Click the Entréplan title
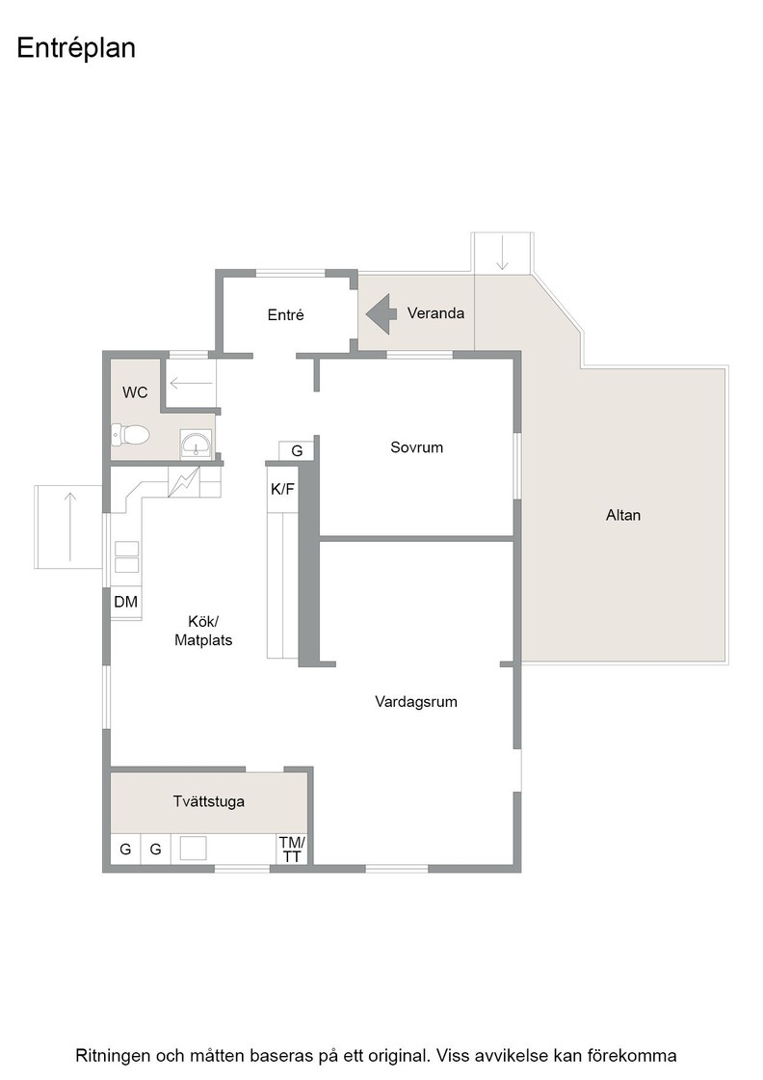tap(76, 48)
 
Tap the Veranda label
tap(435, 313)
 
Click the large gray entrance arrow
tap(381, 314)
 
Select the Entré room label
tap(285, 314)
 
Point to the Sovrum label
tap(416, 447)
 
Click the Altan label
tap(623, 515)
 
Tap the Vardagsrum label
tap(416, 702)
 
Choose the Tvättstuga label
tap(208, 801)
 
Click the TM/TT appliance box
tap(293, 849)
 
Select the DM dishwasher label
tap(126, 602)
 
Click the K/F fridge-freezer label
tap(282, 489)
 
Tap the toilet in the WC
tap(131, 435)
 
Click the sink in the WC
tap(197, 445)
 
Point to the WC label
tap(135, 392)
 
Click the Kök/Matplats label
tap(203, 631)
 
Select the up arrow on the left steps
tap(69, 526)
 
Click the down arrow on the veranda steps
tap(502, 253)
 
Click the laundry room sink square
tap(194, 848)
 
